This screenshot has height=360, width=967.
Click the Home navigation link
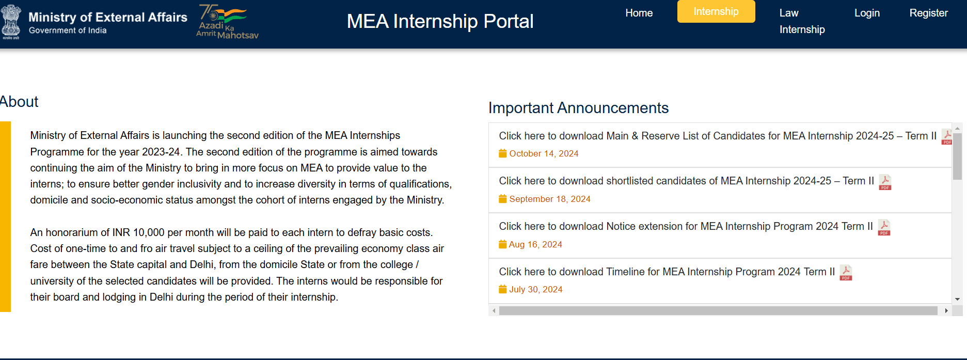pyautogui.click(x=639, y=13)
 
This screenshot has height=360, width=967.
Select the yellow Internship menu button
pyautogui.click(x=716, y=11)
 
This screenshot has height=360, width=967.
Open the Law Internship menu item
pyautogui.click(x=802, y=21)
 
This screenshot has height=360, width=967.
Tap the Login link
pyautogui.click(x=867, y=13)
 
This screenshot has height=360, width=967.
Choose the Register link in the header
pyautogui.click(x=928, y=13)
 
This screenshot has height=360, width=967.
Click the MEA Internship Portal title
pyautogui.click(x=440, y=21)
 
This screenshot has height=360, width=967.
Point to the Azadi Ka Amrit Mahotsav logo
pyautogui.click(x=227, y=22)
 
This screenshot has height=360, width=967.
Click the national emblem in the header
pyautogui.click(x=11, y=22)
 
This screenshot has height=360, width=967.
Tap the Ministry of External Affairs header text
pyautogui.click(x=107, y=17)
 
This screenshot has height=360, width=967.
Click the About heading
pyautogui.click(x=19, y=102)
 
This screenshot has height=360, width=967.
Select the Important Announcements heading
pyautogui.click(x=578, y=108)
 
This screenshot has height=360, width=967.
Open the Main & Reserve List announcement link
pyautogui.click(x=718, y=136)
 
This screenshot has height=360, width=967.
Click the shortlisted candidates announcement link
pyautogui.click(x=686, y=181)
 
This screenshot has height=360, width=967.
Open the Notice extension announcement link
pyautogui.click(x=686, y=226)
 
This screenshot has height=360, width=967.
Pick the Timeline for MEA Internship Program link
pyautogui.click(x=667, y=272)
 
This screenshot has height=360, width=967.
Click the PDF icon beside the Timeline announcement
pyautogui.click(x=846, y=272)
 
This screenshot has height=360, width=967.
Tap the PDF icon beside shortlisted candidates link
pyautogui.click(x=885, y=182)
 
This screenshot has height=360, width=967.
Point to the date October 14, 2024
pyautogui.click(x=544, y=153)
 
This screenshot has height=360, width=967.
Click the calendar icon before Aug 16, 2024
pyautogui.click(x=502, y=244)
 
